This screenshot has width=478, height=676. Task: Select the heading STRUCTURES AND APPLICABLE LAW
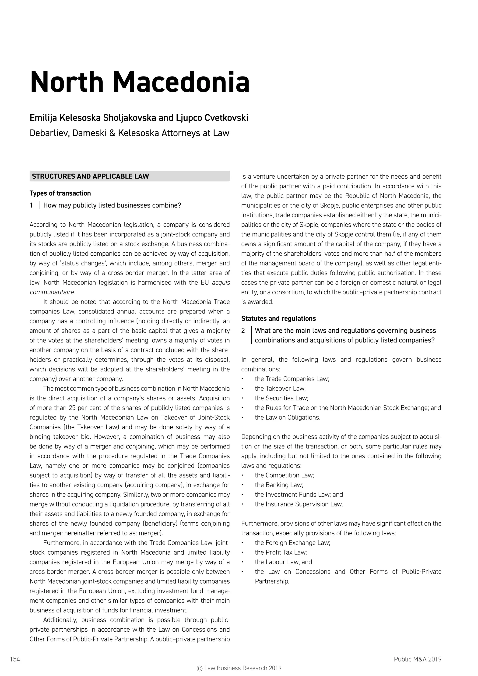(x=90, y=176)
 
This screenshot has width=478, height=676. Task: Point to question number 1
(x=31, y=205)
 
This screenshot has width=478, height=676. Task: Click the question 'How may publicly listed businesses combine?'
(x=112, y=205)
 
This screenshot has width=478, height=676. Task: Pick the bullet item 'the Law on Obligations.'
(x=287, y=418)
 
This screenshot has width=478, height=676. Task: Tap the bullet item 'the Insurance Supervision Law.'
(x=299, y=504)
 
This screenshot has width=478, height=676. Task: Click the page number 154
(x=15, y=659)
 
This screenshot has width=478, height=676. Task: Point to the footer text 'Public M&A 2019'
(x=417, y=659)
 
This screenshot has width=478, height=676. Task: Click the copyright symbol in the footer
(x=199, y=668)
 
